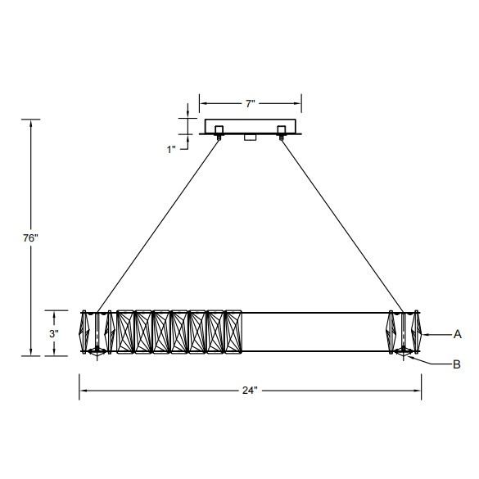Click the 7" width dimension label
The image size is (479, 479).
coord(251,103)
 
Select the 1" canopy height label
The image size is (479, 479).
coord(172,149)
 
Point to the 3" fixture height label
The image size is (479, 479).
coord(53,334)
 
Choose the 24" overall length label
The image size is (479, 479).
coord(251,391)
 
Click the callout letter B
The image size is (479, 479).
coord(457,364)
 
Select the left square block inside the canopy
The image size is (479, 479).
coord(219,129)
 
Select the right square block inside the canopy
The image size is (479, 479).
coord(283,129)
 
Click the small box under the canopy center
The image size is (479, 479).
coord(251,139)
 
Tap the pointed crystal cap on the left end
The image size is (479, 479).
coord(84,333)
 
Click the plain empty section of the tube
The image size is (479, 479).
coord(315,333)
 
